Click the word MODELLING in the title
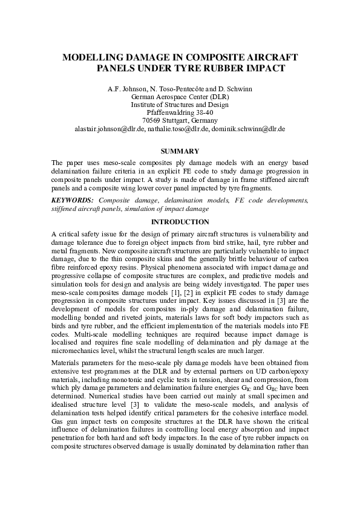(91, 57)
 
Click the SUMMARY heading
(180, 151)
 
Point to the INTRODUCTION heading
(180, 222)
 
